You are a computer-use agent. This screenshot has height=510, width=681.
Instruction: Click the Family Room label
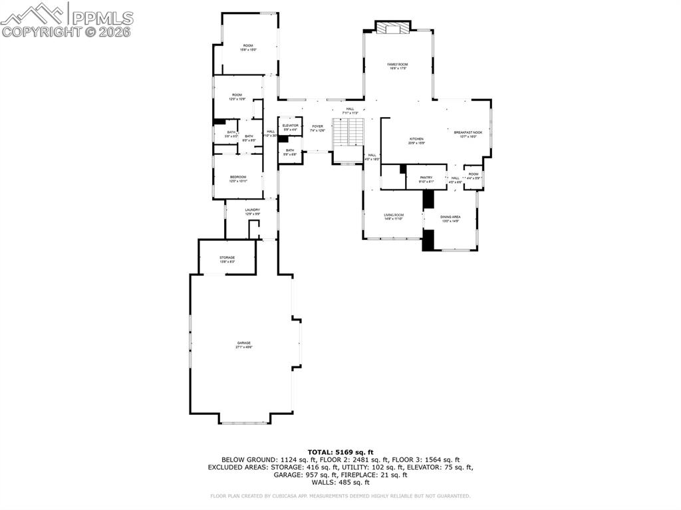(x=398, y=64)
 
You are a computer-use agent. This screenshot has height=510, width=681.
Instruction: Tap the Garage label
(x=243, y=343)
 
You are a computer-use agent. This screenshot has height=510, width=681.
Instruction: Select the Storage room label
(x=227, y=258)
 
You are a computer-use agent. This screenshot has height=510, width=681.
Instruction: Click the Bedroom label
(x=238, y=177)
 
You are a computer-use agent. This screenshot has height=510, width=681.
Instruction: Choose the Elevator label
(x=290, y=126)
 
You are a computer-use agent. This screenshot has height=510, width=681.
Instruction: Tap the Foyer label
(x=318, y=126)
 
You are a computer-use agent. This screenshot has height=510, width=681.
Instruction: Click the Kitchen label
(x=416, y=139)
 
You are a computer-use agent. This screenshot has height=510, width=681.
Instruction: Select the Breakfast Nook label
(x=468, y=133)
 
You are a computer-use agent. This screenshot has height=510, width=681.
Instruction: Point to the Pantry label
(x=426, y=178)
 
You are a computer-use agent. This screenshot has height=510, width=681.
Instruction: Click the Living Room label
(x=394, y=215)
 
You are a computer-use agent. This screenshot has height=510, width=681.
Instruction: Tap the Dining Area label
(x=450, y=217)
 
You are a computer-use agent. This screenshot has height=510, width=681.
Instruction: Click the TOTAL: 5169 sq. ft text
(x=340, y=452)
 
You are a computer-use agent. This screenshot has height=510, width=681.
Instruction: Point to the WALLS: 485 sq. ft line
(x=340, y=482)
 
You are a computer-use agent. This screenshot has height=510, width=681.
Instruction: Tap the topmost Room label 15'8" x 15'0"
(x=248, y=46)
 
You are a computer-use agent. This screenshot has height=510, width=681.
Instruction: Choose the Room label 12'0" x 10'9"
(x=237, y=95)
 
